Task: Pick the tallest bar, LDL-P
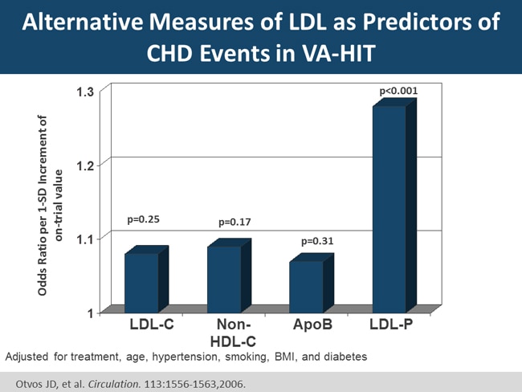pyautogui.click(x=389, y=208)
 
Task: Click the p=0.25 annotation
pyautogui.click(x=145, y=219)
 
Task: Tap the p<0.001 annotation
pyautogui.click(x=398, y=92)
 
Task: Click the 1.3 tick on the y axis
pyautogui.click(x=85, y=92)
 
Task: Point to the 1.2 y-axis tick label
pyautogui.click(x=85, y=165)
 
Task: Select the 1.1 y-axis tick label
pyautogui.click(x=85, y=239)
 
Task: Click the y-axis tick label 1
pyautogui.click(x=91, y=312)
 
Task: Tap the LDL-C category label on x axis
pyautogui.click(x=152, y=325)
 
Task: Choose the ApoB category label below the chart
pyautogui.click(x=312, y=325)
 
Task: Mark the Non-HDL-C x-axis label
pyautogui.click(x=234, y=333)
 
